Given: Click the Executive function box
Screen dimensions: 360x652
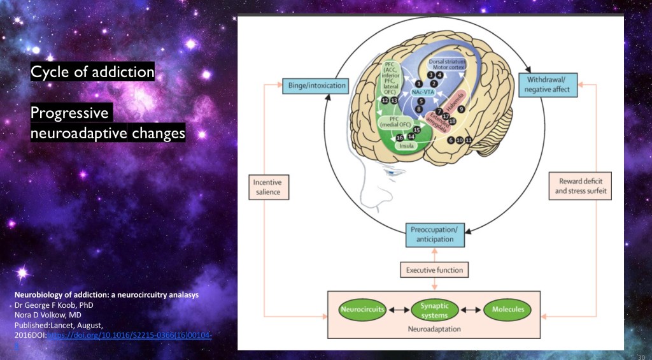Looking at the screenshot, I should tap(436, 270).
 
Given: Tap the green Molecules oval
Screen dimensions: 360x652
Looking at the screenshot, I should tap(507, 310).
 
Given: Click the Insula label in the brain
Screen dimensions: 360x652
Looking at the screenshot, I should tap(407, 146).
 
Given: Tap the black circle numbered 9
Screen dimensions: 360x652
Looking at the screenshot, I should tap(460, 109).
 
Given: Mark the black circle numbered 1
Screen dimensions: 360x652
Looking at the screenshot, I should tap(418, 83).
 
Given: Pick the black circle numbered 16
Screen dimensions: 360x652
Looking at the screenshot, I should tap(400, 137).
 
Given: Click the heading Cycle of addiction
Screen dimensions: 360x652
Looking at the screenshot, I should tap(92, 71).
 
